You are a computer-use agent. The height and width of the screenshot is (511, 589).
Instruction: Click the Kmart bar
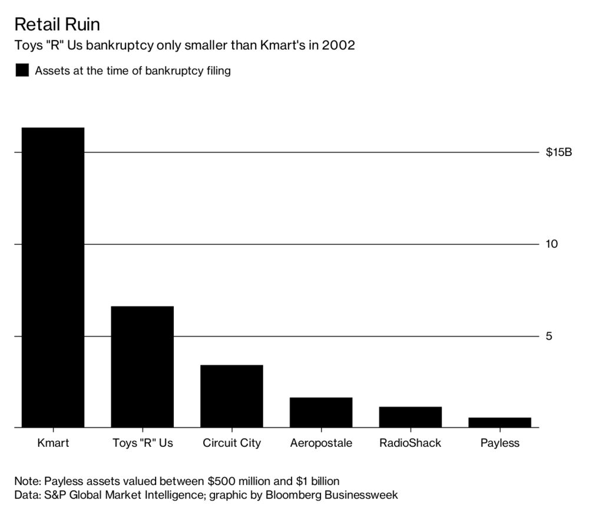pyautogui.click(x=53, y=277)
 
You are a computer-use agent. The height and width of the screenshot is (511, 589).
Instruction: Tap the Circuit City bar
pyautogui.click(x=231, y=396)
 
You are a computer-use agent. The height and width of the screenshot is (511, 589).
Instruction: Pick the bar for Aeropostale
pyautogui.click(x=321, y=412)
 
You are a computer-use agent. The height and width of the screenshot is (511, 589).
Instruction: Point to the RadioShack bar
pyautogui.click(x=410, y=417)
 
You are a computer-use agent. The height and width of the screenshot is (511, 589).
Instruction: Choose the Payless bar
pyautogui.click(x=499, y=422)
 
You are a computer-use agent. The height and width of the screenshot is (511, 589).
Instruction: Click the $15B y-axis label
pyautogui.click(x=559, y=152)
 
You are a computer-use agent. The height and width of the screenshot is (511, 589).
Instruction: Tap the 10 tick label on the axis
pyautogui.click(x=552, y=244)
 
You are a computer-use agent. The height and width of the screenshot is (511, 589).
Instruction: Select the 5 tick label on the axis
pyautogui.click(x=549, y=336)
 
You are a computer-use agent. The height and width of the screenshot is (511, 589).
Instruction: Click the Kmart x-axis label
pyautogui.click(x=53, y=443)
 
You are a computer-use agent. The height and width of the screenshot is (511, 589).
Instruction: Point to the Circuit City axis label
pyautogui.click(x=231, y=443)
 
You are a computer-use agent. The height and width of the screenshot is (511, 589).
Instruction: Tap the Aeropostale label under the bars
pyautogui.click(x=321, y=443)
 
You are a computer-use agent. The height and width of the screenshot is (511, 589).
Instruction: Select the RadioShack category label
pyautogui.click(x=410, y=443)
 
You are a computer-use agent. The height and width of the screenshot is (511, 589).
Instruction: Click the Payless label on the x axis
pyautogui.click(x=499, y=443)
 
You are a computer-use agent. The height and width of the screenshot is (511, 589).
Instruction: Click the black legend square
pyautogui.click(x=22, y=71)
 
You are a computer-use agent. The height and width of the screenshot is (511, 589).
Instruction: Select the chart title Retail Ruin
pyautogui.click(x=57, y=24)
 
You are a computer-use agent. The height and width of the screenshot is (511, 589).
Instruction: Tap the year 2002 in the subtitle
pyautogui.click(x=339, y=45)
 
